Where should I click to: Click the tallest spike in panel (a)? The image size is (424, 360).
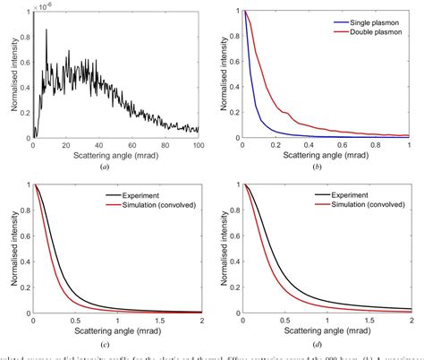(47, 30)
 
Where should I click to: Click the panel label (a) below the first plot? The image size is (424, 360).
(117, 168)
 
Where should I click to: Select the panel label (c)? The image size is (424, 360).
(117, 345)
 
